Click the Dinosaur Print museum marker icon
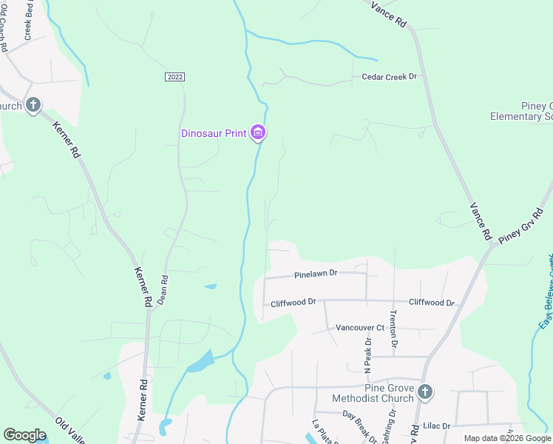[258, 133]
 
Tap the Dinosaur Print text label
[213, 133]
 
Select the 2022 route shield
[174, 77]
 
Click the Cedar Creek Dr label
[389, 77]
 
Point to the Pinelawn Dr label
[315, 273]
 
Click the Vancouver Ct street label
[360, 328]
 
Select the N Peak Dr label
[367, 356]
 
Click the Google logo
[24, 435]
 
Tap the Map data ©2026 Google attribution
[507, 438]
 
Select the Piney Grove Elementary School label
[522, 111]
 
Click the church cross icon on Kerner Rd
[33, 105]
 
